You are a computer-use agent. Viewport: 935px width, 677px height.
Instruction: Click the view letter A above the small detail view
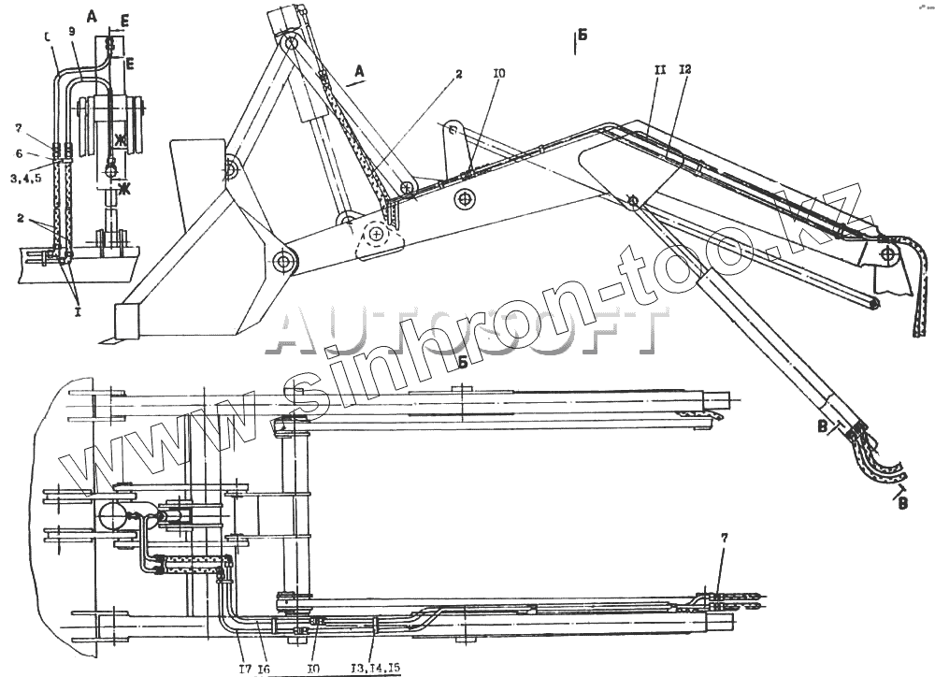click(x=91, y=16)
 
